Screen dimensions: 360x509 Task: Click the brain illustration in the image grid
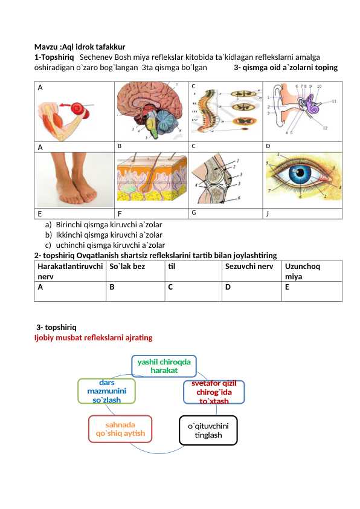[151, 111]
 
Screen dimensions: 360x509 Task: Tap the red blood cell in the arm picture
[77, 108]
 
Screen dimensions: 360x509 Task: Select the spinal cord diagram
[225, 111]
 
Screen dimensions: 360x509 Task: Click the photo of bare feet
[74, 180]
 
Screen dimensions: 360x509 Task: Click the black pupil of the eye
[300, 173]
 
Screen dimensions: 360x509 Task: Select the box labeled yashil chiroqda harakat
[164, 366]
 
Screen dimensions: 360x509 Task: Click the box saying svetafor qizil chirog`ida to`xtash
[214, 392]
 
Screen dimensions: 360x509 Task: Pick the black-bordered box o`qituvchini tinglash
[208, 430]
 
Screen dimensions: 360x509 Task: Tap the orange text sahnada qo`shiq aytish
[120, 429]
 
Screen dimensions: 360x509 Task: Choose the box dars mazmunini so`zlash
[107, 391]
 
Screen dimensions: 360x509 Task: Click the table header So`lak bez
[127, 267]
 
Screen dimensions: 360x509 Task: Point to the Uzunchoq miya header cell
[302, 271]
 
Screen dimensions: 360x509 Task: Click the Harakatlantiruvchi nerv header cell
[70, 271]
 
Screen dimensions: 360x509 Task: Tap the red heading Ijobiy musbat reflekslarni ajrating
[94, 337]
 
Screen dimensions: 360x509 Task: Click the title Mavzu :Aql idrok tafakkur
[80, 47]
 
